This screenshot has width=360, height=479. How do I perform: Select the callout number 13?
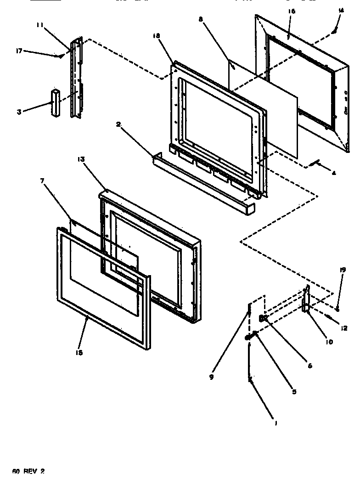coord(81,159)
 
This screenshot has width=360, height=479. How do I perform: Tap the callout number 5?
coord(294,392)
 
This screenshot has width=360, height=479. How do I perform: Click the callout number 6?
coord(310,366)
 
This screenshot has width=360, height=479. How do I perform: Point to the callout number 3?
coord(19,112)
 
